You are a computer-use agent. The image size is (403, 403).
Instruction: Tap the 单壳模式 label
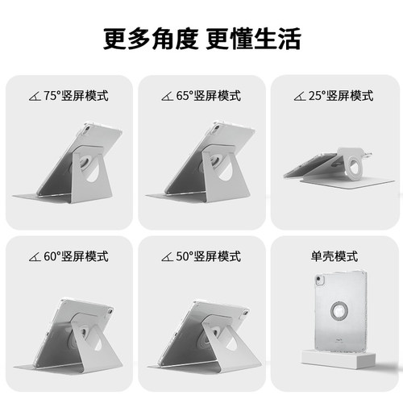click(x=333, y=257)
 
